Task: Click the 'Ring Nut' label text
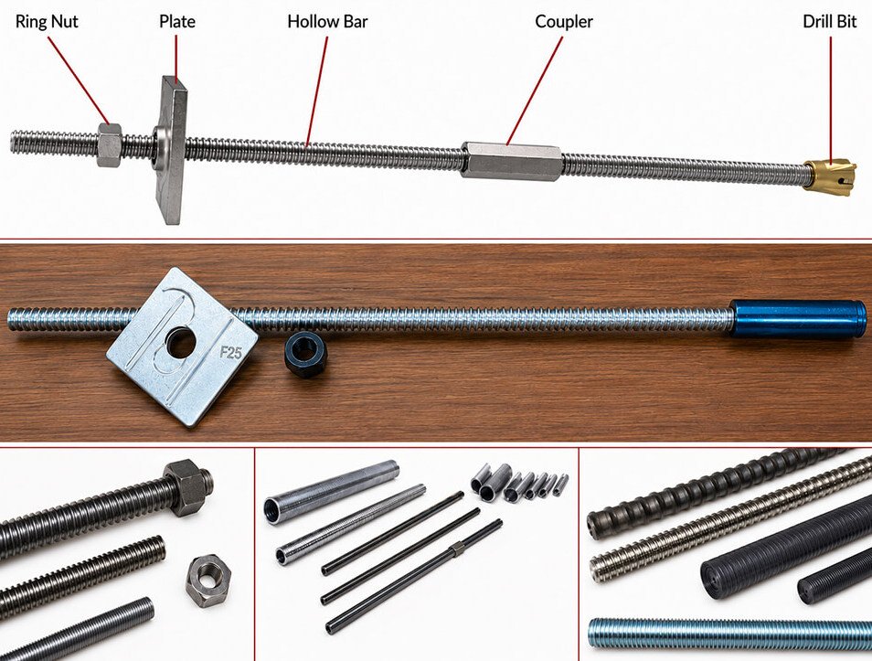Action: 47,22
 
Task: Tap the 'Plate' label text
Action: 176,22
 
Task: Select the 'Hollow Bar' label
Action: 327,22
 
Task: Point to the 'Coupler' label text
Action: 564,22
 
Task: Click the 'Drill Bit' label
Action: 830,22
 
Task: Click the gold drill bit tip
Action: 830,177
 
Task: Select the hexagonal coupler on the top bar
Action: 511,161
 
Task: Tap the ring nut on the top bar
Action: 109,145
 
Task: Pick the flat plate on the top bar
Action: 173,150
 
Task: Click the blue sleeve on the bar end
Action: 797,319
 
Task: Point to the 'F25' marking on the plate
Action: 230,352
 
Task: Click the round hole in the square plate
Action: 181,343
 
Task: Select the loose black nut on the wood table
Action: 304,356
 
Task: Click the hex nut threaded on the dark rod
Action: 188,487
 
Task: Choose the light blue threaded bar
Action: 729,634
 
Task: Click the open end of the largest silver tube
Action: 272,511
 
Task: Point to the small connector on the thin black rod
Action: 457,549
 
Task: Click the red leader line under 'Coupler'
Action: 535,91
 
